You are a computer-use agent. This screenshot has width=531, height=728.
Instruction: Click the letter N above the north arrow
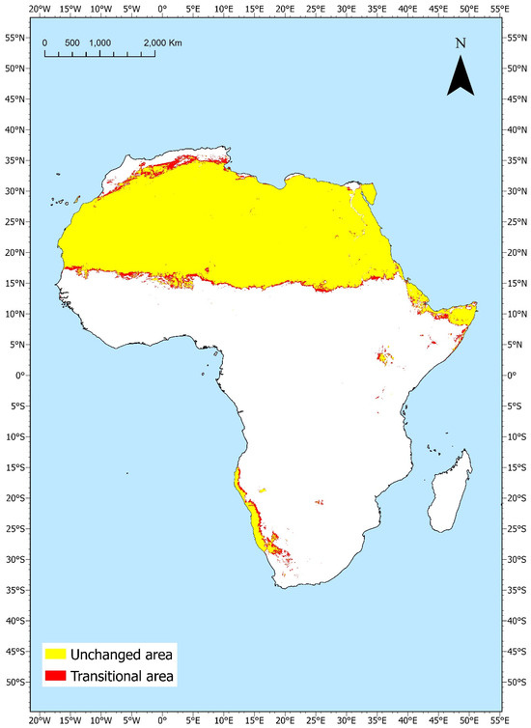pos(461,43)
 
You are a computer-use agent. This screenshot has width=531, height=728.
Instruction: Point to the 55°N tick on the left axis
pos(14,38)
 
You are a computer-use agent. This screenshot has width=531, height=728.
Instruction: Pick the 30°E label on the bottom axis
pos(347,720)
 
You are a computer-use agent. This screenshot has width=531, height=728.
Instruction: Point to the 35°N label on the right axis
pos(517,160)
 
